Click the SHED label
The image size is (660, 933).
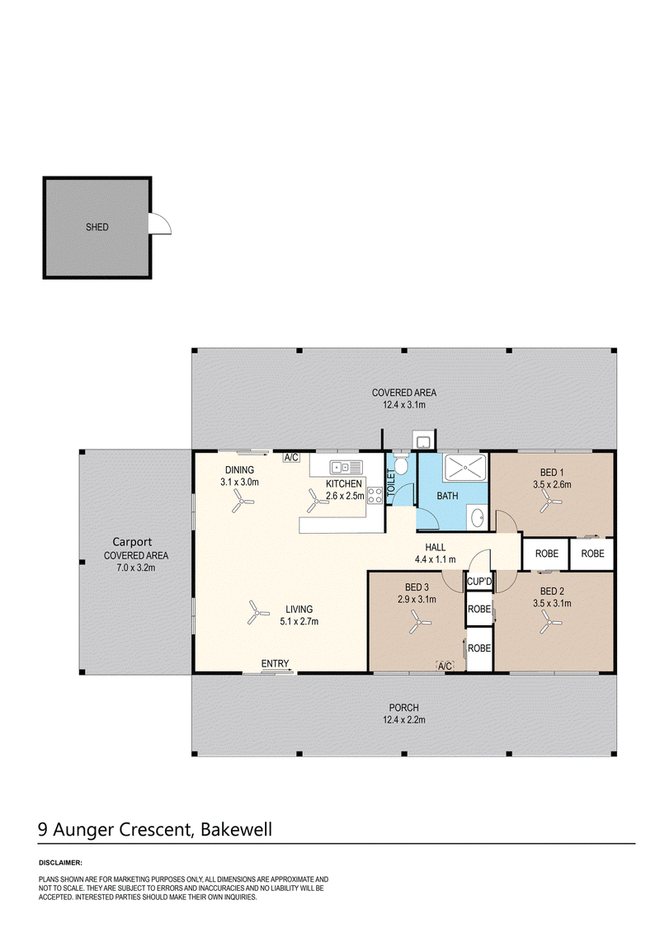pos(97,227)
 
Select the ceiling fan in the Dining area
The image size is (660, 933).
pos(243,503)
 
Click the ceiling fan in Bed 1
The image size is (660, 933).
pos(550,503)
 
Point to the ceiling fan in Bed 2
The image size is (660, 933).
pos(550,624)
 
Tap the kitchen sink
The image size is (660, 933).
pos(346,467)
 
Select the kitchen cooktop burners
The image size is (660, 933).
pos(375,495)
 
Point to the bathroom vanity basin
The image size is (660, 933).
pos(478,518)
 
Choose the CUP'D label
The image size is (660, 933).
pos(479,582)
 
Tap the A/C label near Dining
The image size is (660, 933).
pos(291,458)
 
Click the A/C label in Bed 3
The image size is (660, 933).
pos(445,667)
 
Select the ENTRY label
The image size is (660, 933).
pos(275,663)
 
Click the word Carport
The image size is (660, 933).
pos(132,542)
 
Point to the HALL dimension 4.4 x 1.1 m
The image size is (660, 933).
pos(435,559)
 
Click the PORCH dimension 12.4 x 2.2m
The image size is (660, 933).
pos(404,719)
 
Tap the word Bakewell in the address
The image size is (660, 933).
pos(236,829)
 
